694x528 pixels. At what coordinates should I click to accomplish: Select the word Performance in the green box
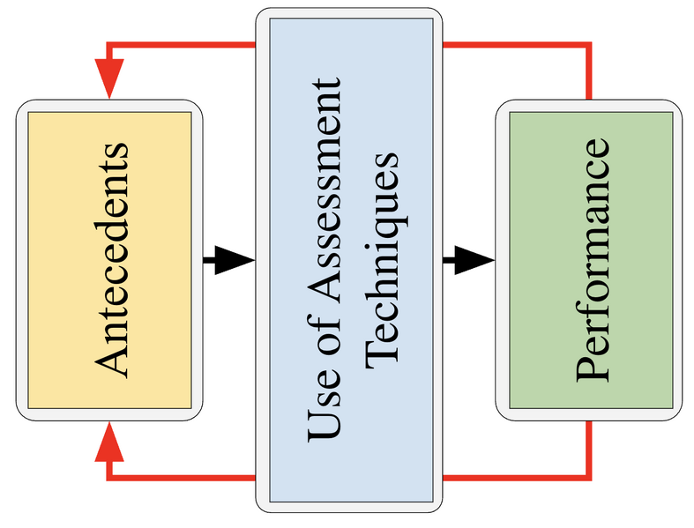coord(592,258)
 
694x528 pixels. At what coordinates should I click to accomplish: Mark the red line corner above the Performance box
coord(588,44)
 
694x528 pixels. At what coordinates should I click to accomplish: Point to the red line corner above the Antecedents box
coord(109,44)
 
